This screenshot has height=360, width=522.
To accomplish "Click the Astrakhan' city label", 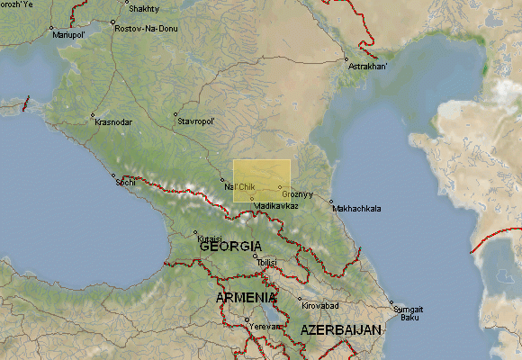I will pos(369,67).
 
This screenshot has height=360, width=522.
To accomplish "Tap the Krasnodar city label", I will pos(113,121).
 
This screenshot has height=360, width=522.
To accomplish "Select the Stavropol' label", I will pos(196,121).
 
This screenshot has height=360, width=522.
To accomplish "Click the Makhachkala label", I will pos(356,208).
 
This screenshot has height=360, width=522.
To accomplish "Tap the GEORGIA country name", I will pos(230,246).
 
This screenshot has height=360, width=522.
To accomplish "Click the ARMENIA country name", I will pos(246,297).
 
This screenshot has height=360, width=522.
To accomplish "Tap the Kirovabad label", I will pos(319,306).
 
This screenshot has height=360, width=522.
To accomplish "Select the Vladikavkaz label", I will pos(276,206).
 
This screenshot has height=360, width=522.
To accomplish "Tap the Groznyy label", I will pos(297,193).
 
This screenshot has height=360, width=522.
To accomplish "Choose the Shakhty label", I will pos(145,9).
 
